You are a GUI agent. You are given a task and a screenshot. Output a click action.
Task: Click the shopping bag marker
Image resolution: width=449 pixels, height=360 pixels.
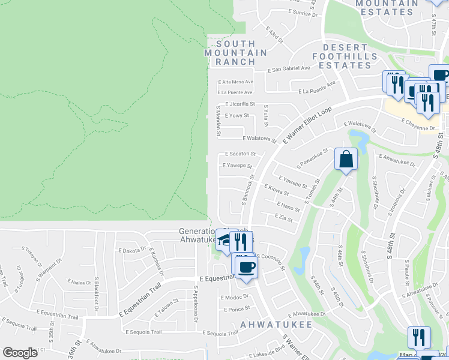(x=346, y=160)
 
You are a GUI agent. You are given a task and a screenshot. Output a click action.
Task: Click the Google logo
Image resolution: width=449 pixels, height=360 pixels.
(x=20, y=353)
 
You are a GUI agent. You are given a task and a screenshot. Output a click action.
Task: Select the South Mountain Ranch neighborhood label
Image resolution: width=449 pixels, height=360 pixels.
(x=236, y=53)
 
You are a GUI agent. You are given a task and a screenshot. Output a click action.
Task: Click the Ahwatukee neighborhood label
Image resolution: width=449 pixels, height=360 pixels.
(x=276, y=324)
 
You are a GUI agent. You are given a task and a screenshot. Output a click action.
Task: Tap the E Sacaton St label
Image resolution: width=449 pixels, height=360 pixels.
(x=240, y=154)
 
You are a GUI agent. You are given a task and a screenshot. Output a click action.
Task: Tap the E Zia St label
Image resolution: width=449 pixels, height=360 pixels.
(x=283, y=217)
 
